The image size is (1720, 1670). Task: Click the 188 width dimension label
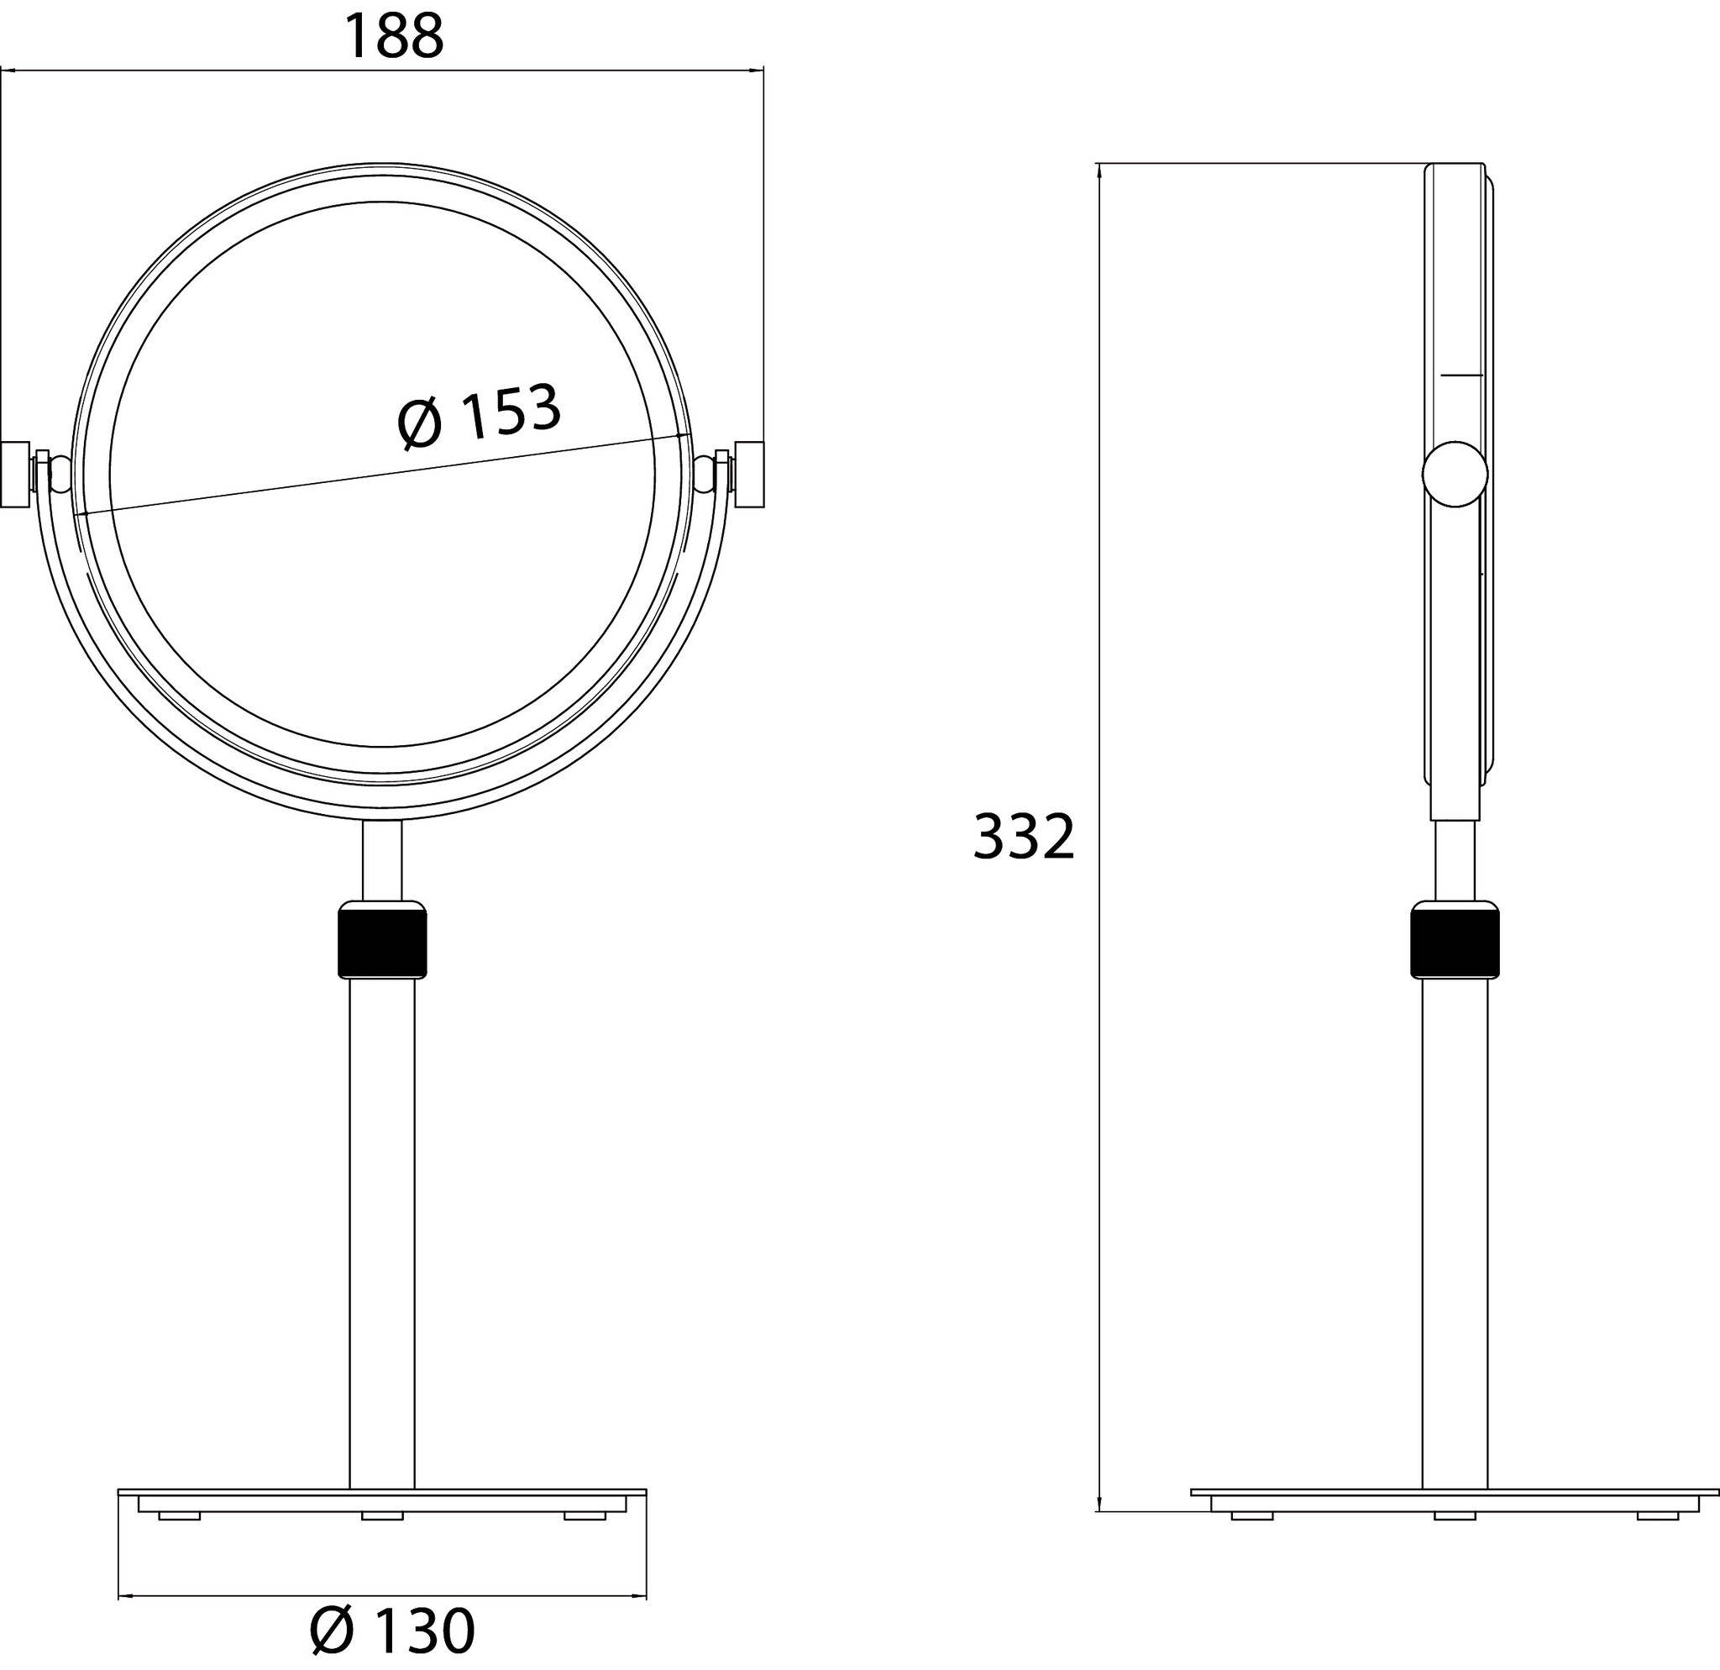[394, 37]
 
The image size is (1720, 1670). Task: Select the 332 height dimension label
[1024, 837]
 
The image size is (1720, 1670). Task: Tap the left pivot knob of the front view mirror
[15, 475]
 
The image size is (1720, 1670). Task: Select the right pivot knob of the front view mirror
[749, 475]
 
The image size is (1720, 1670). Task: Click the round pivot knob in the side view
[1455, 475]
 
